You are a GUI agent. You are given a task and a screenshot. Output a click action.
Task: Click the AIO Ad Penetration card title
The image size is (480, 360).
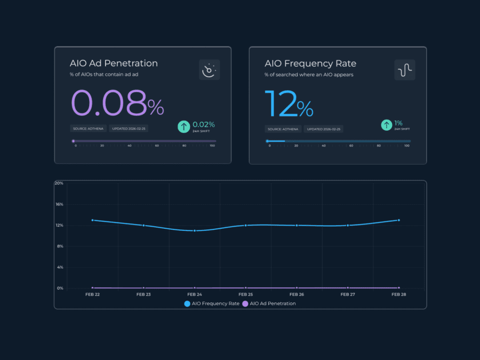pyautogui.click(x=114, y=63)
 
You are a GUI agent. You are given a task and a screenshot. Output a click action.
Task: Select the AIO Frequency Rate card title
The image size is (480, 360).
pyautogui.click(x=310, y=63)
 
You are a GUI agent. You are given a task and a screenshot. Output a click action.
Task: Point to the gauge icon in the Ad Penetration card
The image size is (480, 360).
pyautogui.click(x=209, y=70)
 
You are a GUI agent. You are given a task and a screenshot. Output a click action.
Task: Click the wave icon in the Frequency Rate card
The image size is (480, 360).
pyautogui.click(x=405, y=70)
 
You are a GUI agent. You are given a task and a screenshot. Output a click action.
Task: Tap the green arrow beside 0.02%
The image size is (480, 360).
pyautogui.click(x=183, y=126)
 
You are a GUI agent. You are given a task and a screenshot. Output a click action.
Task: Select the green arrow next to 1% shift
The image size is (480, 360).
pyautogui.click(x=386, y=125)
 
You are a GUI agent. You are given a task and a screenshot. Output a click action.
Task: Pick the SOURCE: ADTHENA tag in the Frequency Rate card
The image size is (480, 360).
pyautogui.click(x=283, y=129)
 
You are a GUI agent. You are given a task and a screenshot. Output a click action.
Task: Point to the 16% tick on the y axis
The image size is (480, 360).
pyautogui.click(x=59, y=204)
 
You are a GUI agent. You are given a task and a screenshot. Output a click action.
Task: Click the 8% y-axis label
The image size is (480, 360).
pyautogui.click(x=60, y=246)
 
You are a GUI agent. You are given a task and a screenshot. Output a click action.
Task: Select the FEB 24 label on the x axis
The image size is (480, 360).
pyautogui.click(x=195, y=294)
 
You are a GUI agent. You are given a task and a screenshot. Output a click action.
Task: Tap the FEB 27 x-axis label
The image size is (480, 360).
pyautogui.click(x=348, y=294)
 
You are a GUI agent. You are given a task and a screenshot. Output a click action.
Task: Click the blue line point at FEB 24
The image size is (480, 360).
pyautogui.click(x=195, y=230)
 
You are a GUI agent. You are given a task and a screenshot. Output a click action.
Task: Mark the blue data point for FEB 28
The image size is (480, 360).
pyautogui.click(x=399, y=220)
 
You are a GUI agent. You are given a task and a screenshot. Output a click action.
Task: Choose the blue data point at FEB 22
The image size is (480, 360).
pyautogui.click(x=93, y=220)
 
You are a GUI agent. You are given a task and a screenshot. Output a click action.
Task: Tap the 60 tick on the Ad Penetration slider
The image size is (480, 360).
pyautogui.click(x=157, y=146)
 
